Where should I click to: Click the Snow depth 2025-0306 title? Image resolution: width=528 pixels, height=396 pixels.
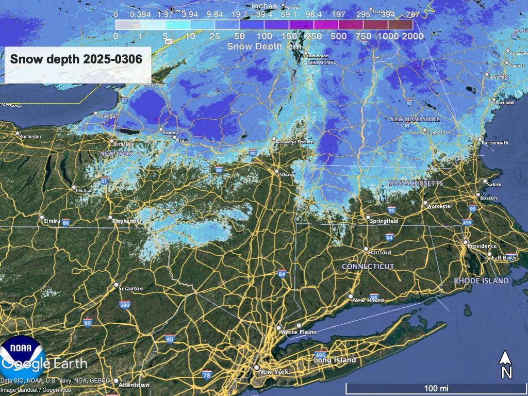tap(76, 59)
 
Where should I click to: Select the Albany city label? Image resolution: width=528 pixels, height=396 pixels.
tap(287, 175)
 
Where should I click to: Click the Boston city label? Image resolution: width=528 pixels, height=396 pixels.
tap(488, 198)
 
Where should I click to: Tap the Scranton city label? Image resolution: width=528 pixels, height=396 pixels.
tap(130, 289)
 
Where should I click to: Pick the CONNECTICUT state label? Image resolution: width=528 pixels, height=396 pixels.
tap(368, 267)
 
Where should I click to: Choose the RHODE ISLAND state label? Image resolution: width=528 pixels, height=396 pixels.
tap(481, 281)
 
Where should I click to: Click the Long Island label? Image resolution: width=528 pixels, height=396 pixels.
tap(335, 360)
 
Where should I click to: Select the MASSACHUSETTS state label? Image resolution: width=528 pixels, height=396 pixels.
tap(415, 183)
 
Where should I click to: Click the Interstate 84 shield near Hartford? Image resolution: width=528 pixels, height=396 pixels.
tap(389, 237)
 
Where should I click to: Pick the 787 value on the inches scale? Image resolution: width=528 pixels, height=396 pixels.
tap(412, 14)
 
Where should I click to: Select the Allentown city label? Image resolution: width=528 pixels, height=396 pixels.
tap(134, 385)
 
